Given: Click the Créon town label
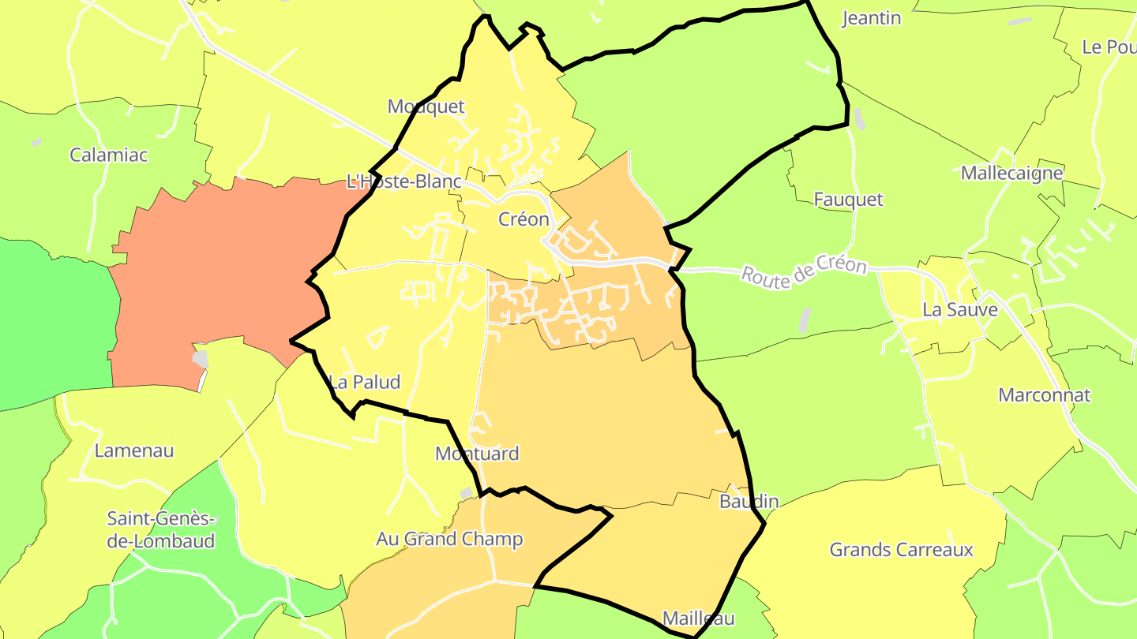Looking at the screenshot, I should (523, 219).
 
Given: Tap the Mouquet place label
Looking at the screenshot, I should (426, 106).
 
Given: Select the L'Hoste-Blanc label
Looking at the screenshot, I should (403, 181).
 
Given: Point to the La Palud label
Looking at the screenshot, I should (365, 383).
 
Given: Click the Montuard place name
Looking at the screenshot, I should (477, 454).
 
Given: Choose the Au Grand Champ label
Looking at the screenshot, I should (449, 539).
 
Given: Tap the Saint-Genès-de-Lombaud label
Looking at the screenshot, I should (161, 530).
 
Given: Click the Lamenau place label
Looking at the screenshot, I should (134, 451).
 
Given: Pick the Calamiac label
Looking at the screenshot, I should (109, 155).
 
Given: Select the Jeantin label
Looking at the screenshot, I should (872, 18).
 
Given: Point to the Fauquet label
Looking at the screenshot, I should (849, 200).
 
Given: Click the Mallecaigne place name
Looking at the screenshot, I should (1012, 174).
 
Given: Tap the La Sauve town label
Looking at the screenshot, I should (960, 310).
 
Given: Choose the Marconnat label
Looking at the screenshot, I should (1045, 395).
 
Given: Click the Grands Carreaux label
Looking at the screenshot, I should (902, 550).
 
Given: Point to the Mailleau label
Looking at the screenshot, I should (699, 618).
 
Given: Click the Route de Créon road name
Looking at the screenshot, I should (804, 271).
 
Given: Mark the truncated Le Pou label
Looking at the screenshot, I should (1109, 47).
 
